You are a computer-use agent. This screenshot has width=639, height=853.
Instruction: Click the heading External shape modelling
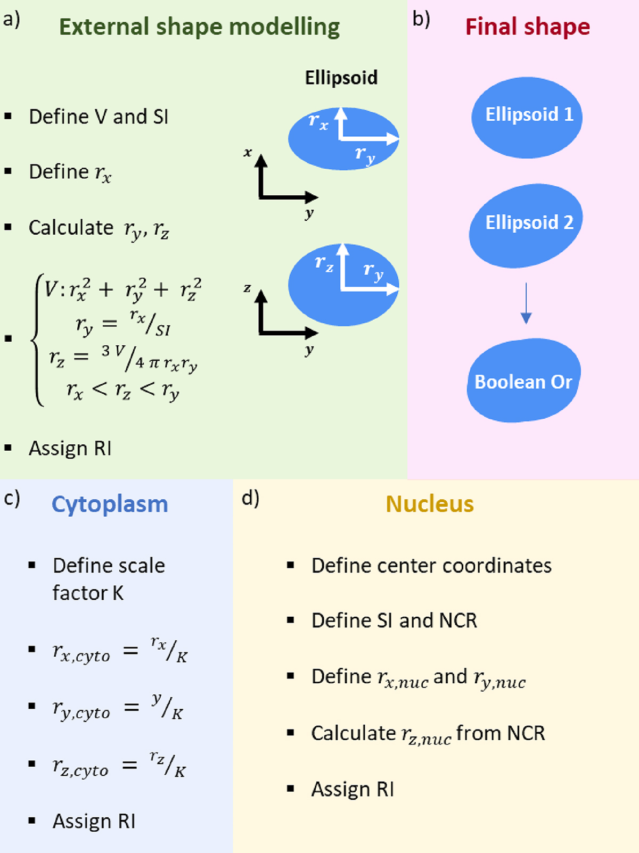tap(199, 27)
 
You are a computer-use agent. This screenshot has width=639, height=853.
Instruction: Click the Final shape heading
tap(527, 27)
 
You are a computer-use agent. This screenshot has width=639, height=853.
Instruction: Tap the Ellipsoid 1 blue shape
tap(527, 117)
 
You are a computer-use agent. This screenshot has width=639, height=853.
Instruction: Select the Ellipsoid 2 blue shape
tap(526, 225)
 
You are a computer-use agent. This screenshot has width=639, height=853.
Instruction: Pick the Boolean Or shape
tap(523, 381)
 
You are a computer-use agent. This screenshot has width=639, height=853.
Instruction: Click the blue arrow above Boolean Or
tap(526, 303)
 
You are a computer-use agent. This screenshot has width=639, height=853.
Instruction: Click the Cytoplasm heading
tap(110, 504)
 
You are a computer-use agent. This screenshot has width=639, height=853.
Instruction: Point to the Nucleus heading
tap(429, 504)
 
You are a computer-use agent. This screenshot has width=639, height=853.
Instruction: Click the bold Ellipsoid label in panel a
tap(341, 78)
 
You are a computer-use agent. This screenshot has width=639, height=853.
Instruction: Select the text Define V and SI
tap(99, 117)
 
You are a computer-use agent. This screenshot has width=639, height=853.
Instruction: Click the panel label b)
tap(421, 19)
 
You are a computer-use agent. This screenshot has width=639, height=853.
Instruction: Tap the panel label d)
tap(250, 498)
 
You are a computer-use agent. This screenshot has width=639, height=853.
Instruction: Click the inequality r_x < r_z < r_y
tap(122, 391)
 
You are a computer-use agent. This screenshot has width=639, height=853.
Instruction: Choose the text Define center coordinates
tap(431, 566)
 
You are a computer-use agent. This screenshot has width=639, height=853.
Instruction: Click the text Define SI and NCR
tap(394, 620)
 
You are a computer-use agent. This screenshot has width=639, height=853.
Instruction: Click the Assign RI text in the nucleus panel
tap(353, 789)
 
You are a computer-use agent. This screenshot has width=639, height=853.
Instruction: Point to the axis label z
tap(247, 288)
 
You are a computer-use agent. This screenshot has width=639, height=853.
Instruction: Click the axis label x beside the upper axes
tap(248, 153)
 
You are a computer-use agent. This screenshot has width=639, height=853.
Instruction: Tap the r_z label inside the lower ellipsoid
tap(324, 263)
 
